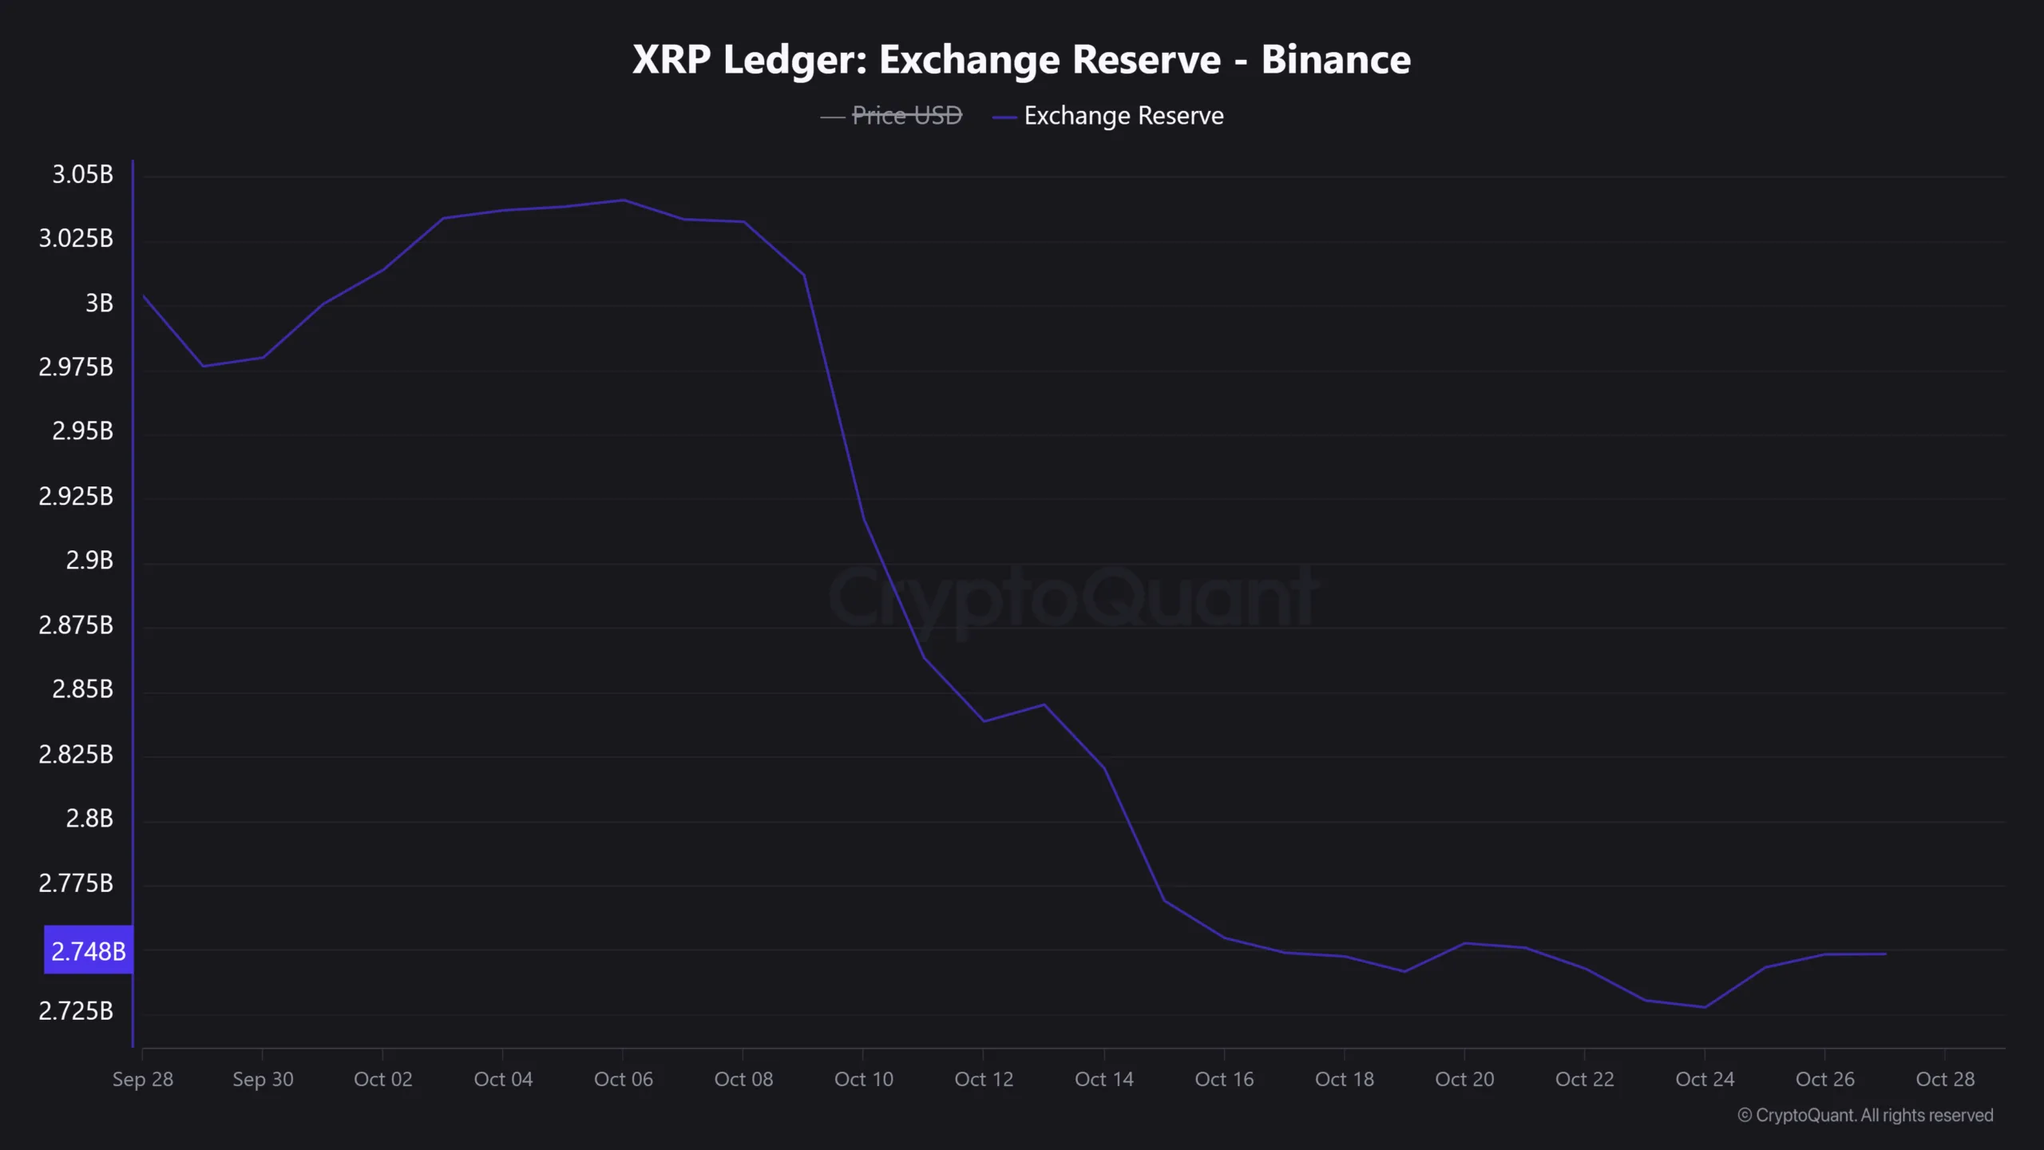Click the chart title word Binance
point(1335,60)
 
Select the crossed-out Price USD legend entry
point(906,116)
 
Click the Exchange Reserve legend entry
point(1123,116)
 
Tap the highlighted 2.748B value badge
point(88,950)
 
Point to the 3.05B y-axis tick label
point(82,174)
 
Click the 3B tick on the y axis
point(99,303)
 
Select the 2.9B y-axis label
point(89,561)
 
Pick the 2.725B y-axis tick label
point(76,1011)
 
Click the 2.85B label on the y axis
point(82,689)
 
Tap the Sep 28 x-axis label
point(142,1079)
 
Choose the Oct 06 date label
point(623,1079)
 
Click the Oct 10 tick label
point(863,1079)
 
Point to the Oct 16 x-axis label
point(1224,1079)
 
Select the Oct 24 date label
point(1705,1079)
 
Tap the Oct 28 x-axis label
point(1945,1079)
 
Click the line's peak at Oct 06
point(624,200)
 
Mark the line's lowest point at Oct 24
point(1705,1007)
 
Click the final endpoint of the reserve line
point(1885,954)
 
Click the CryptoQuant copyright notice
point(1865,1115)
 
